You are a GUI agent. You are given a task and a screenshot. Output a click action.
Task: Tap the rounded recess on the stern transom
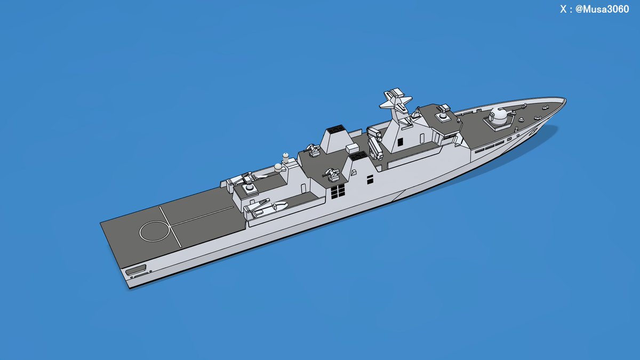coord(135,269)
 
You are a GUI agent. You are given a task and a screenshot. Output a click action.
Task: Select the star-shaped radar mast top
coord(396,101)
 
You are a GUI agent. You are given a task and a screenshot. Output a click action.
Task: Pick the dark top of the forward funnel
coord(358,155)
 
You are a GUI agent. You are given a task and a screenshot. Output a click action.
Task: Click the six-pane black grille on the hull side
coord(338,191)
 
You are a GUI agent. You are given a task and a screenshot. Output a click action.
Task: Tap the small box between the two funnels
coord(353,148)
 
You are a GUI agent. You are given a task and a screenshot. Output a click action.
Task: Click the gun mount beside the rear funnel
coord(314,150)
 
